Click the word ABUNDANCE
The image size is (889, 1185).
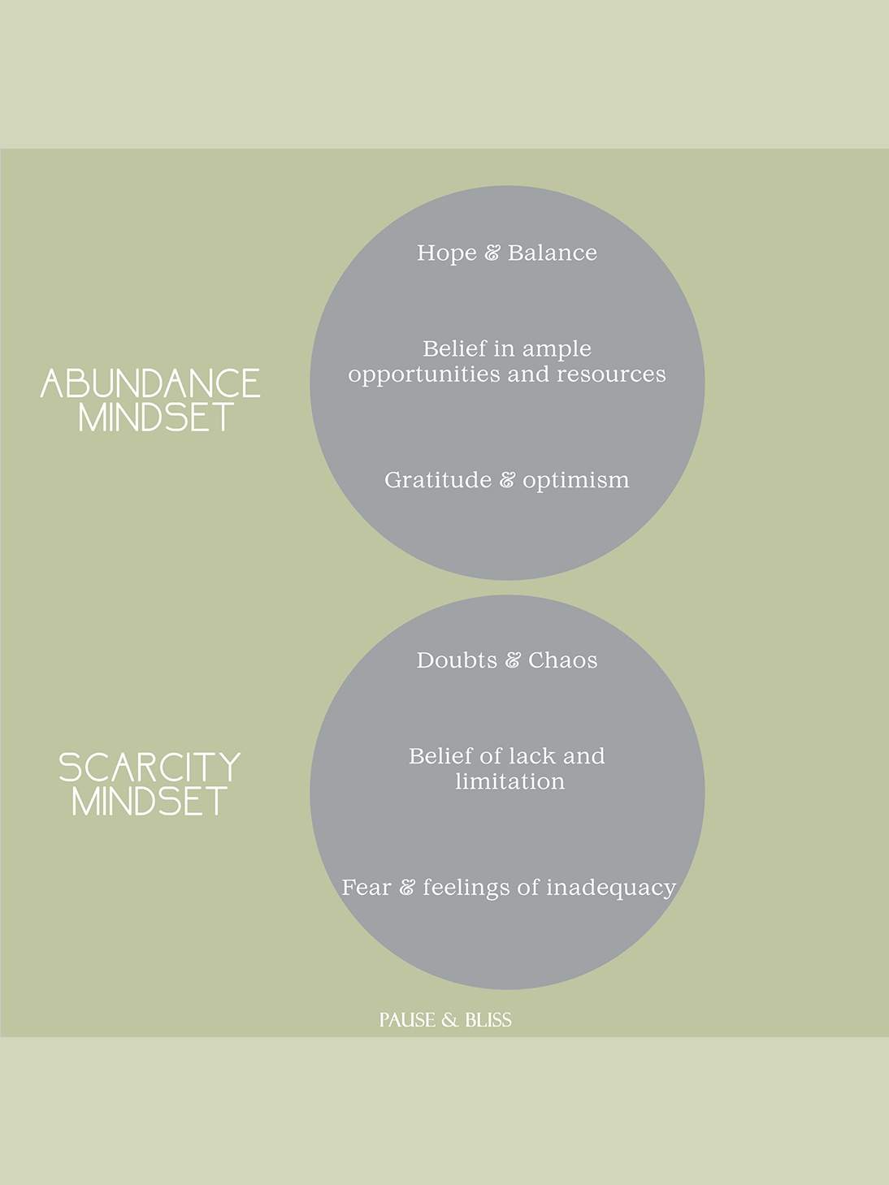point(150,383)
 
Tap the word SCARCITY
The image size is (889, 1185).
point(150,768)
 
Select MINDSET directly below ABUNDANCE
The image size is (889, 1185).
point(156,417)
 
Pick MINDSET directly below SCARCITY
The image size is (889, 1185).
point(150,801)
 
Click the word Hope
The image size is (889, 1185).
point(447,253)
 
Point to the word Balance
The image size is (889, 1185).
point(553,253)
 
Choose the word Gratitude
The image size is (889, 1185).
point(438,480)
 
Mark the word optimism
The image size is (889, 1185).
point(576,481)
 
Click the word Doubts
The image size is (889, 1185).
point(457,660)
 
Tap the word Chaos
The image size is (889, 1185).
point(562,660)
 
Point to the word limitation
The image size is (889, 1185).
point(510,781)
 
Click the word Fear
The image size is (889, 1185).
point(366,888)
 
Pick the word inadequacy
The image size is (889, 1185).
point(611,889)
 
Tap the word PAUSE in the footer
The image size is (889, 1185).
point(407,1020)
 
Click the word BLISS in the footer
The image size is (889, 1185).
point(488,1020)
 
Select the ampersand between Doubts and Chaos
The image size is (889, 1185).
point(513,660)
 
